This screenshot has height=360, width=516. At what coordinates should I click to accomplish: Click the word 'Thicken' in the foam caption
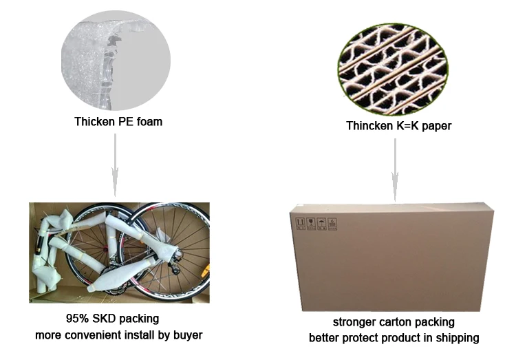click(x=94, y=123)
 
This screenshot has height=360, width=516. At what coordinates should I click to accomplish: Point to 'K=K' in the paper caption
click(x=413, y=126)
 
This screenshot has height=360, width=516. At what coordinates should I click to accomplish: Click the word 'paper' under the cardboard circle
click(x=444, y=126)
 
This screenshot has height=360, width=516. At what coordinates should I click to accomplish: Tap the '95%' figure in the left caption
click(x=76, y=319)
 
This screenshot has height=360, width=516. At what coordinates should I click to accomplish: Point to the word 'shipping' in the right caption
click(x=458, y=338)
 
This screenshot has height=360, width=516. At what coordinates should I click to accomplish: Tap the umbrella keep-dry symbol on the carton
click(x=321, y=223)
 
